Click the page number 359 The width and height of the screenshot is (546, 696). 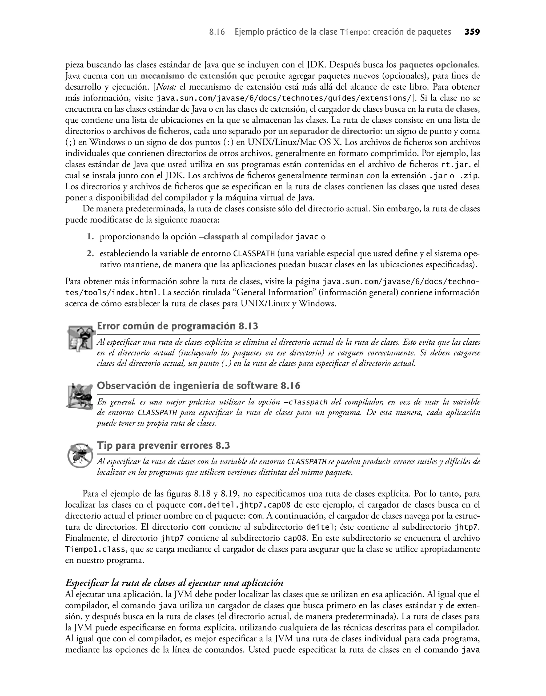click(472, 32)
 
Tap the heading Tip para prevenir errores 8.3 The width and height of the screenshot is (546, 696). click(163, 445)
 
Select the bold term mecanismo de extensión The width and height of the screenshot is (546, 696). click(188, 76)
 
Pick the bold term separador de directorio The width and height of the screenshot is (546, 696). click(335, 131)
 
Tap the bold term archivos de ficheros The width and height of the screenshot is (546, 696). click(151, 131)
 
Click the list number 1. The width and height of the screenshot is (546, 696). click(90, 237)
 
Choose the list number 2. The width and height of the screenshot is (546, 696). click(90, 254)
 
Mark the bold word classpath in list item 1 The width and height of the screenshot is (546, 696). click(221, 237)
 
